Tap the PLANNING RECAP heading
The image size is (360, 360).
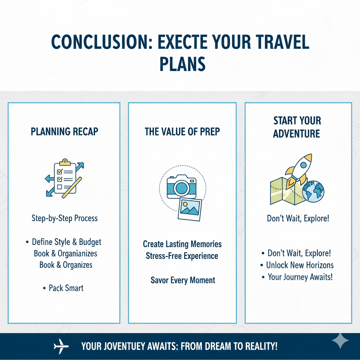click(64, 131)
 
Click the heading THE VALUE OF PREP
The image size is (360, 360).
click(182, 131)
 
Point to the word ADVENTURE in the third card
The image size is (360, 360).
click(296, 134)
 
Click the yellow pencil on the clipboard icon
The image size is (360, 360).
click(72, 187)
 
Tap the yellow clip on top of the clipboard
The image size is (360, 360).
click(64, 162)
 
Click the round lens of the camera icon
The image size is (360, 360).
click(181, 188)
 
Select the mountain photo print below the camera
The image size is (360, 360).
click(190, 209)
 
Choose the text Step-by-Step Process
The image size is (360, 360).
click(64, 218)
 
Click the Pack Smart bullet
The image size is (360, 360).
click(66, 288)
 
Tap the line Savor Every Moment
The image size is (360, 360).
click(183, 280)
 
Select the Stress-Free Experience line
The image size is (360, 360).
click(182, 256)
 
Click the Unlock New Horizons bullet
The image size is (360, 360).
click(300, 265)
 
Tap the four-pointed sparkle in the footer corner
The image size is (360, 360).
click(340, 340)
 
